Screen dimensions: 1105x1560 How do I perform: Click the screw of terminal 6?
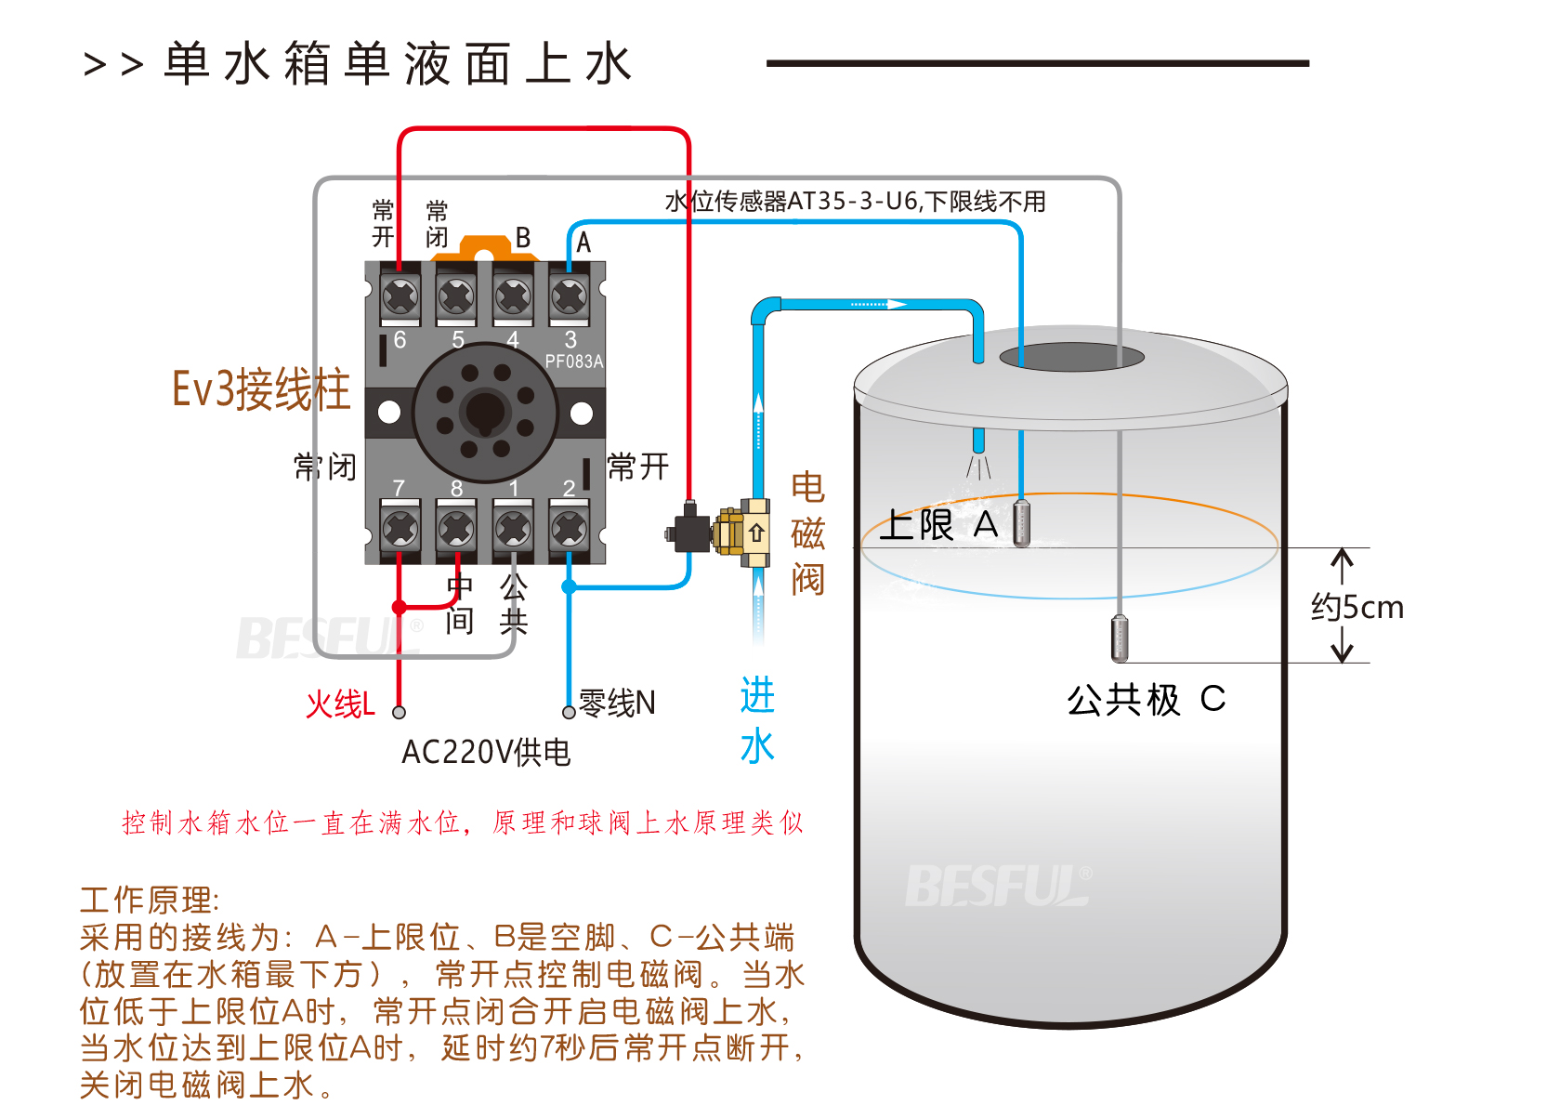click(x=400, y=297)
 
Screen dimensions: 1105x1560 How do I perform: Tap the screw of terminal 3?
click(x=570, y=297)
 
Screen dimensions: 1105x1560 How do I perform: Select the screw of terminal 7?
click(x=400, y=529)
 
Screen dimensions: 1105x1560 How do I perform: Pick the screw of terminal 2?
click(x=570, y=529)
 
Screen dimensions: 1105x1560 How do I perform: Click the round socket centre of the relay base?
click(x=485, y=412)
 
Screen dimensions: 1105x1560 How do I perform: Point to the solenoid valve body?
click(x=734, y=533)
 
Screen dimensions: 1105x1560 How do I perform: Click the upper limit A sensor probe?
click(x=1021, y=523)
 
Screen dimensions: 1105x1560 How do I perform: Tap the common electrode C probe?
click(x=1120, y=638)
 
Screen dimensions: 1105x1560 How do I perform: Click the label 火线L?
click(x=340, y=704)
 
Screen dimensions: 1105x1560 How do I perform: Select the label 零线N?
click(x=617, y=703)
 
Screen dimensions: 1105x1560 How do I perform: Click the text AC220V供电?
click(x=486, y=752)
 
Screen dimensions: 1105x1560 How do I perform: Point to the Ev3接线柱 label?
click(x=261, y=389)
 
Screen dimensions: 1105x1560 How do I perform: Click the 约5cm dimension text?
click(x=1357, y=607)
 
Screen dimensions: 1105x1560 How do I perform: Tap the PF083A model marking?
click(x=573, y=362)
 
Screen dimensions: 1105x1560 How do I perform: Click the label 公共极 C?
click(x=1146, y=699)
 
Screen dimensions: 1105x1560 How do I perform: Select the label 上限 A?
click(x=938, y=525)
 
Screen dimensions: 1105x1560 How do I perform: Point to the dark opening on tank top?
click(x=1071, y=357)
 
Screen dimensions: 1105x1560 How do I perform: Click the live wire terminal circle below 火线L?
click(x=400, y=713)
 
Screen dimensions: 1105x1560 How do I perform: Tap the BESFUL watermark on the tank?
click(x=999, y=886)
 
